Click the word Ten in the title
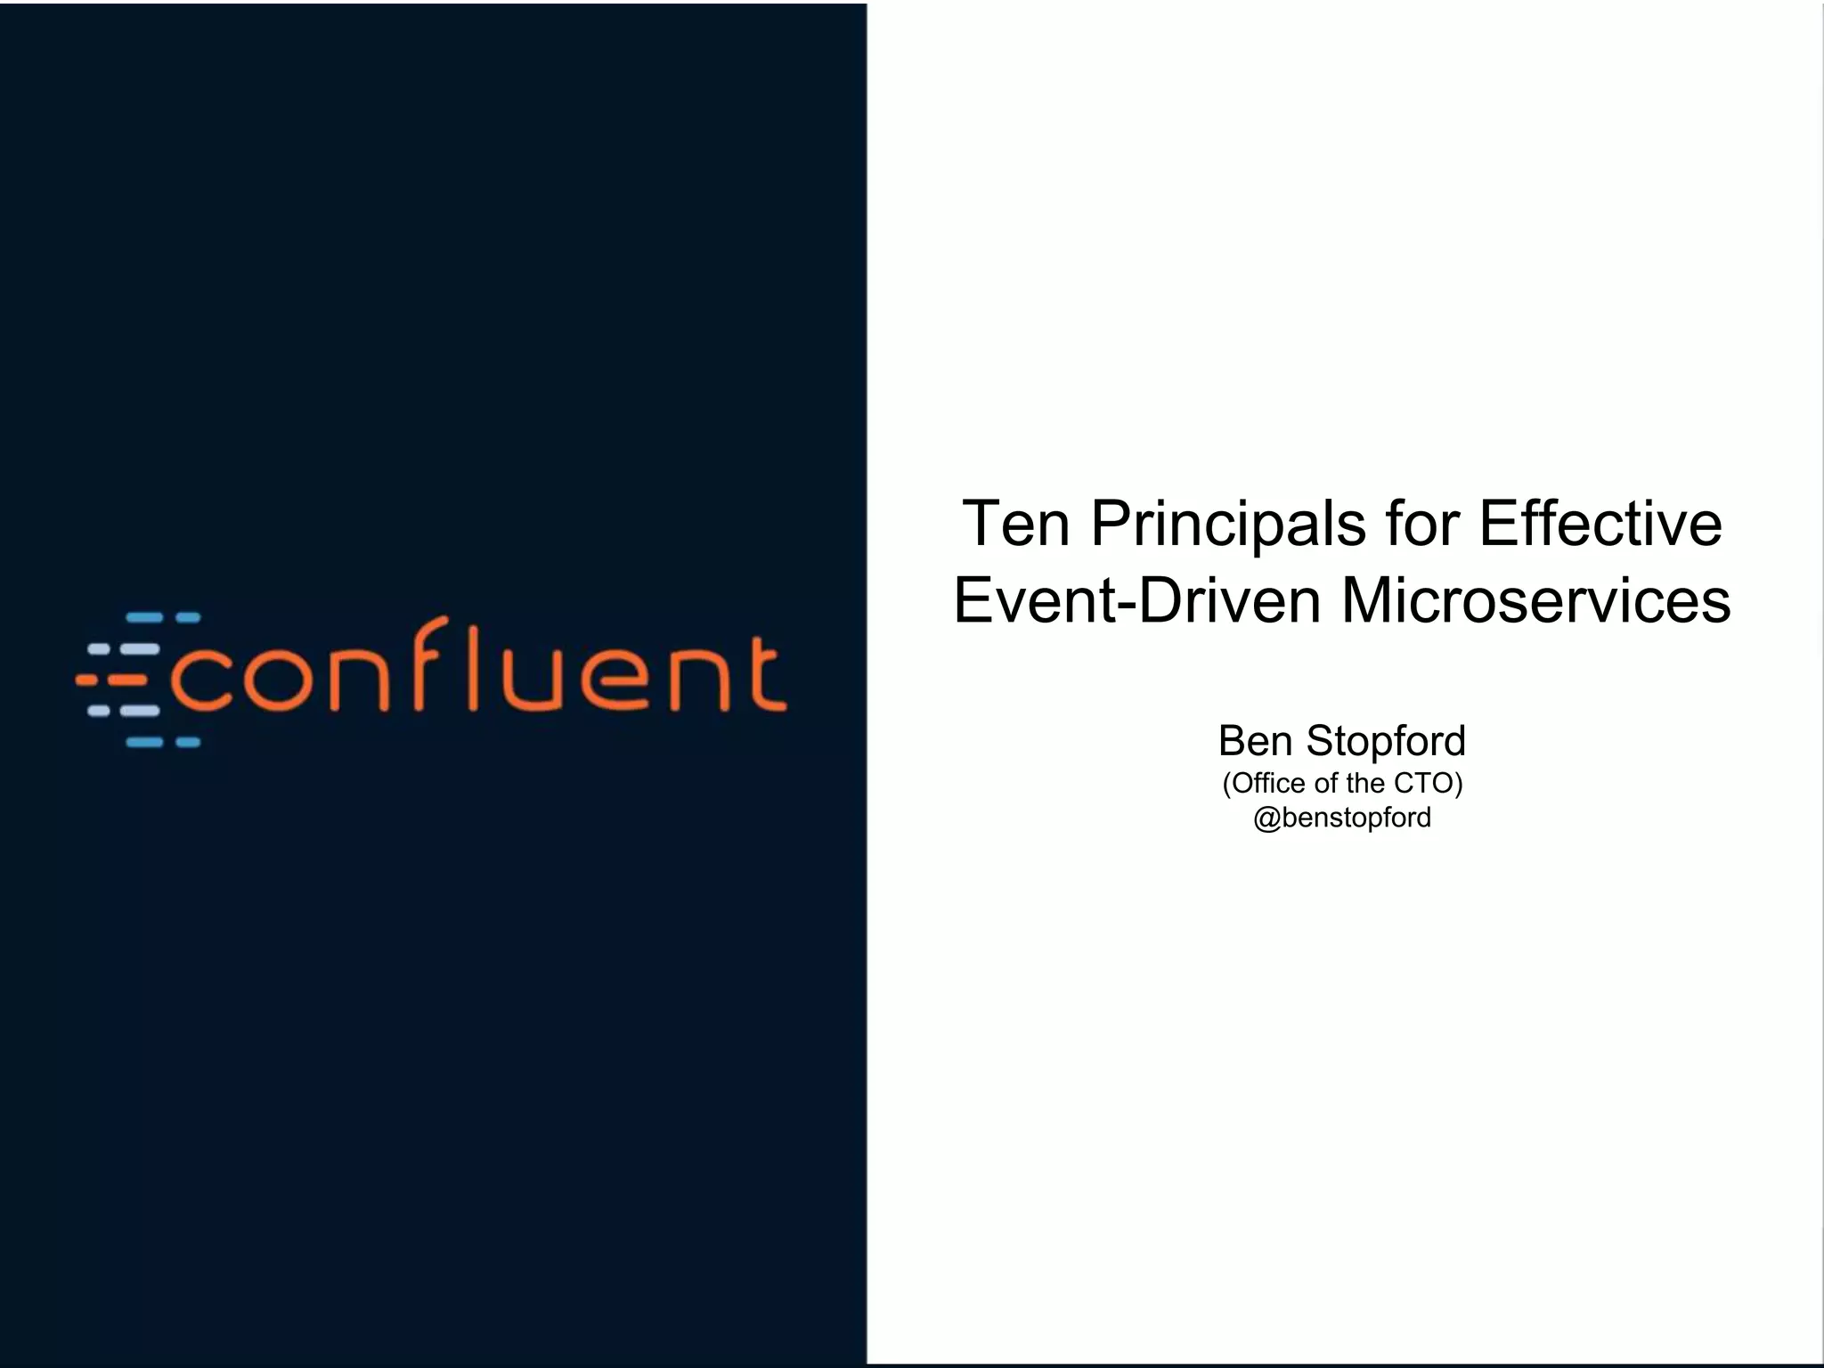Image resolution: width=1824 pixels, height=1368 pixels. pyautogui.click(x=1016, y=524)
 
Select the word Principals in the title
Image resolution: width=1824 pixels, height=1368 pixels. pyautogui.click(x=1228, y=524)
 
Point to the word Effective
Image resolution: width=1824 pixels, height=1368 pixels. pyautogui.click(x=1600, y=524)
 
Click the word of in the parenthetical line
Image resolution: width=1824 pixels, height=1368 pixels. pyautogui.click(x=1325, y=784)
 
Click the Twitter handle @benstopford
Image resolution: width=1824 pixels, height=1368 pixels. pyautogui.click(x=1342, y=818)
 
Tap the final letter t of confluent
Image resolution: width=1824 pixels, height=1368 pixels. pyautogui.click(x=765, y=672)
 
